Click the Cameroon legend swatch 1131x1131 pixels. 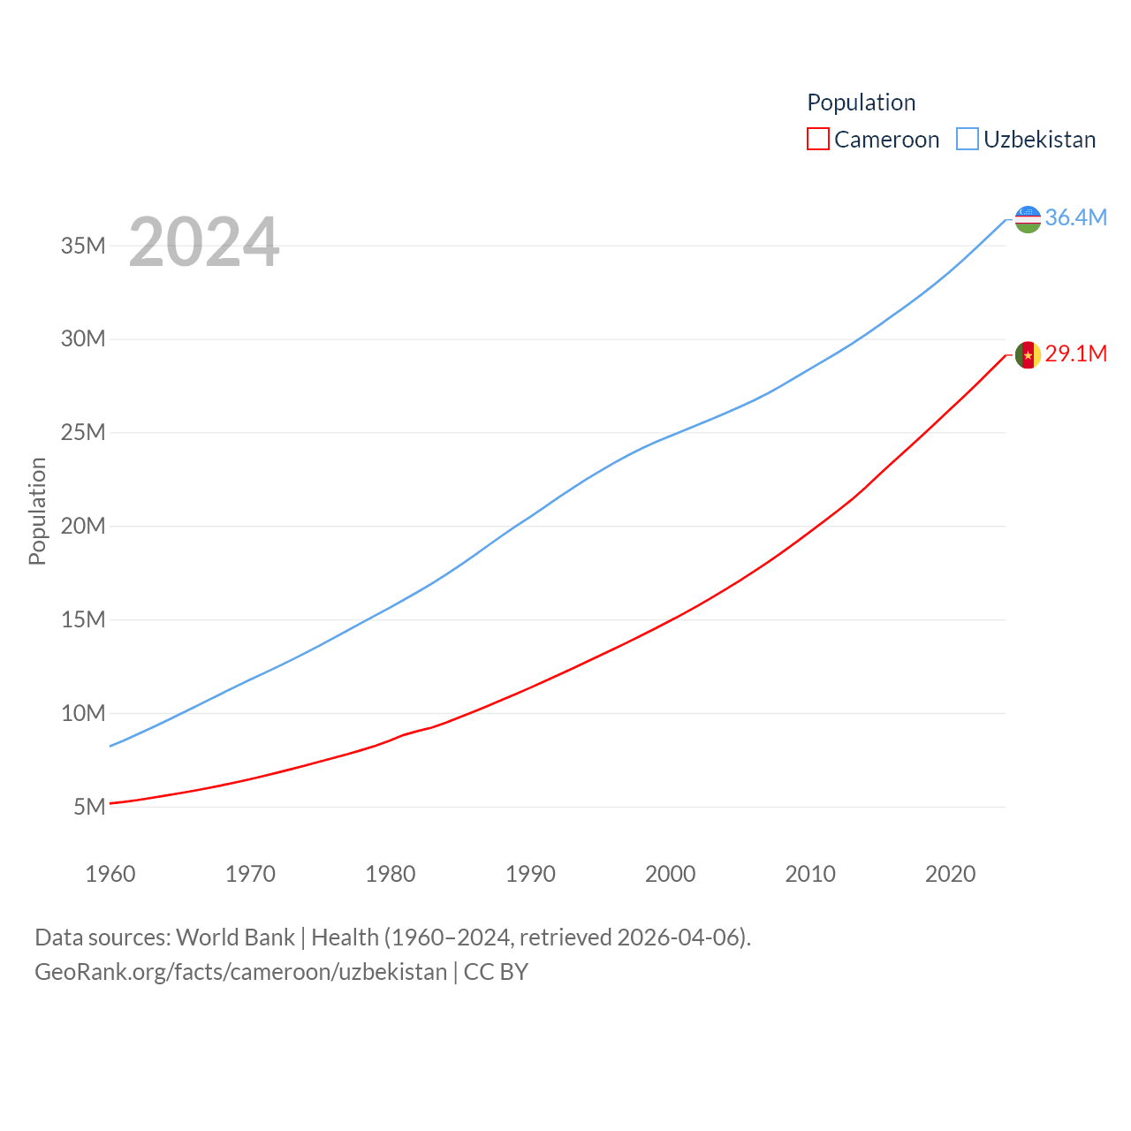point(818,140)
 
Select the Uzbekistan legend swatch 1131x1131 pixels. point(968,140)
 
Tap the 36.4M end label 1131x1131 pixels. point(1075,217)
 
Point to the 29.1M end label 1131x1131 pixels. point(1075,354)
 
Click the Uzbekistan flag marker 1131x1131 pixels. point(1028,218)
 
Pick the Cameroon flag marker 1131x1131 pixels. point(1028,355)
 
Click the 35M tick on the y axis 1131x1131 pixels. point(83,246)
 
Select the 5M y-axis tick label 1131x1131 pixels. point(89,807)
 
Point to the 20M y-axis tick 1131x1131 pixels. point(83,527)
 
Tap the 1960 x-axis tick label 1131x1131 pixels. point(110,874)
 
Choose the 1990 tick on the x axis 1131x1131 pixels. point(530,874)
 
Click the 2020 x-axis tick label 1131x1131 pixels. point(950,874)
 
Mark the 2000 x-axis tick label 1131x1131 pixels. point(671,874)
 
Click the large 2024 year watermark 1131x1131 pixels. point(204,242)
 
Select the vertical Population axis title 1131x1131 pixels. point(37,511)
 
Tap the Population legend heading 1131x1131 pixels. point(861,102)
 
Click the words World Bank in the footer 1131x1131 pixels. point(235,937)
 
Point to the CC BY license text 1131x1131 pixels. point(496,972)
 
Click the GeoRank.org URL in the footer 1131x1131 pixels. point(240,972)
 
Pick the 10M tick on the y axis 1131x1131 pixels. point(83,713)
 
